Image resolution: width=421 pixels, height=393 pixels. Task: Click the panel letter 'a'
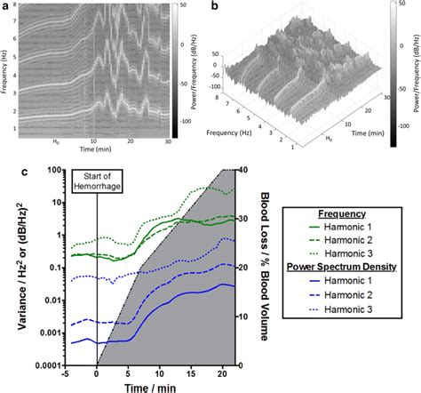pyautogui.click(x=6, y=7)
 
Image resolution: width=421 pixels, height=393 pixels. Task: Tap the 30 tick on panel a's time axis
pyautogui.click(x=167, y=143)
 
